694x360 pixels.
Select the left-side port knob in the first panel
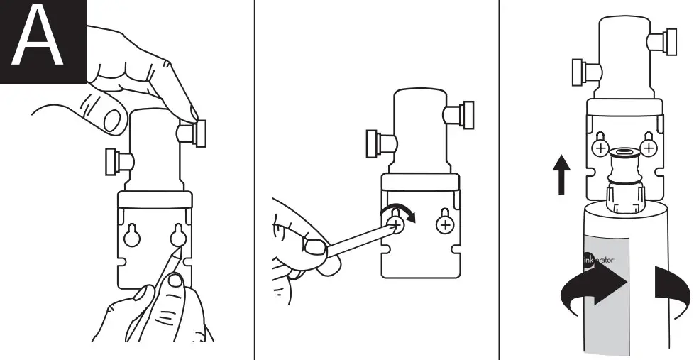pos(114,160)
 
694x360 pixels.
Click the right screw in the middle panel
pos(446,225)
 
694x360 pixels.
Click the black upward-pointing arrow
pos(561,175)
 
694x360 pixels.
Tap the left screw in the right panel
pos(601,148)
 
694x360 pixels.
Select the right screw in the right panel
pos(648,148)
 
